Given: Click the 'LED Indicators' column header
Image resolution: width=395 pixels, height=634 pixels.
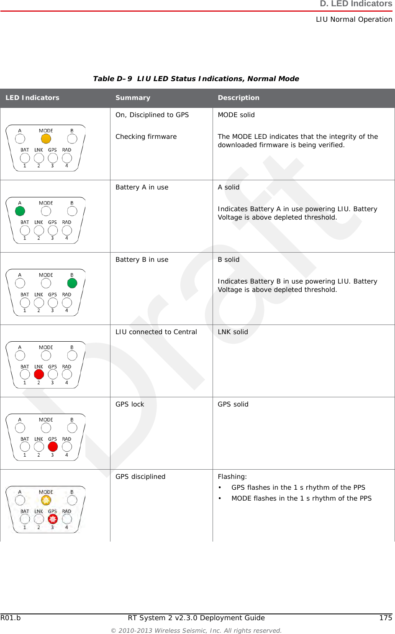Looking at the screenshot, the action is (32, 98).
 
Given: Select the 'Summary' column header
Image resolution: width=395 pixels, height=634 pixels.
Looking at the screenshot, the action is (133, 98).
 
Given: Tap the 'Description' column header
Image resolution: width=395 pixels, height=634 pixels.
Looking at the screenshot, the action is (239, 98).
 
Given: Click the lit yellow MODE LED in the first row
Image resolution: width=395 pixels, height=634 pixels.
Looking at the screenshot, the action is (46, 139).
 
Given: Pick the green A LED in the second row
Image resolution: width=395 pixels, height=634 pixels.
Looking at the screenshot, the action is (20, 211).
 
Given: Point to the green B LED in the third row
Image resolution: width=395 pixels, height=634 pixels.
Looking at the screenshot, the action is (72, 283).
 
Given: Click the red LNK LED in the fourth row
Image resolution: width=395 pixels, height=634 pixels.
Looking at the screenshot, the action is (39, 374).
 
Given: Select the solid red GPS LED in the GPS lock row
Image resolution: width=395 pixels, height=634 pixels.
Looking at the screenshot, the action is (53, 447).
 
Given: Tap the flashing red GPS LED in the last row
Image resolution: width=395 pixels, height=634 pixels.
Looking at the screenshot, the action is (53, 519).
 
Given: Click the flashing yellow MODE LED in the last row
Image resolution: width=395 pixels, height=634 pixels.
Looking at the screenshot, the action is (46, 500).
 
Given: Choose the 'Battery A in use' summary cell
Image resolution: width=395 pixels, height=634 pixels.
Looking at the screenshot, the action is (142, 187).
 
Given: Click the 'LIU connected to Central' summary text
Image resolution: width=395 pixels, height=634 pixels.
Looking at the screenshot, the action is (156, 332).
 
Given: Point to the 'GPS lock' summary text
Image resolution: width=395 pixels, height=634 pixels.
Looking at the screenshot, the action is (130, 404).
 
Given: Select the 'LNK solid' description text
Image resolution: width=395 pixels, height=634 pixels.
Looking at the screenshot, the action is (233, 332).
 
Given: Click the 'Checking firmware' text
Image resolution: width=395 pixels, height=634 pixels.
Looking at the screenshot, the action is (146, 137).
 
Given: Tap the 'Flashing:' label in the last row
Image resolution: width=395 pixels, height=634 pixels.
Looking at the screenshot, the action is (232, 477).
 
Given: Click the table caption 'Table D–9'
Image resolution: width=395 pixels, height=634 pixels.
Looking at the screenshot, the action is (112, 79).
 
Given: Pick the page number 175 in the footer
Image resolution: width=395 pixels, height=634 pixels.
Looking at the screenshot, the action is (385, 618).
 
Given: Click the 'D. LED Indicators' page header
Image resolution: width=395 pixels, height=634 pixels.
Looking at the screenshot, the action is (356, 4).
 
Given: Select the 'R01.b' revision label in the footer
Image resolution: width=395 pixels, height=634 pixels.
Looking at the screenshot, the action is (10, 618).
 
